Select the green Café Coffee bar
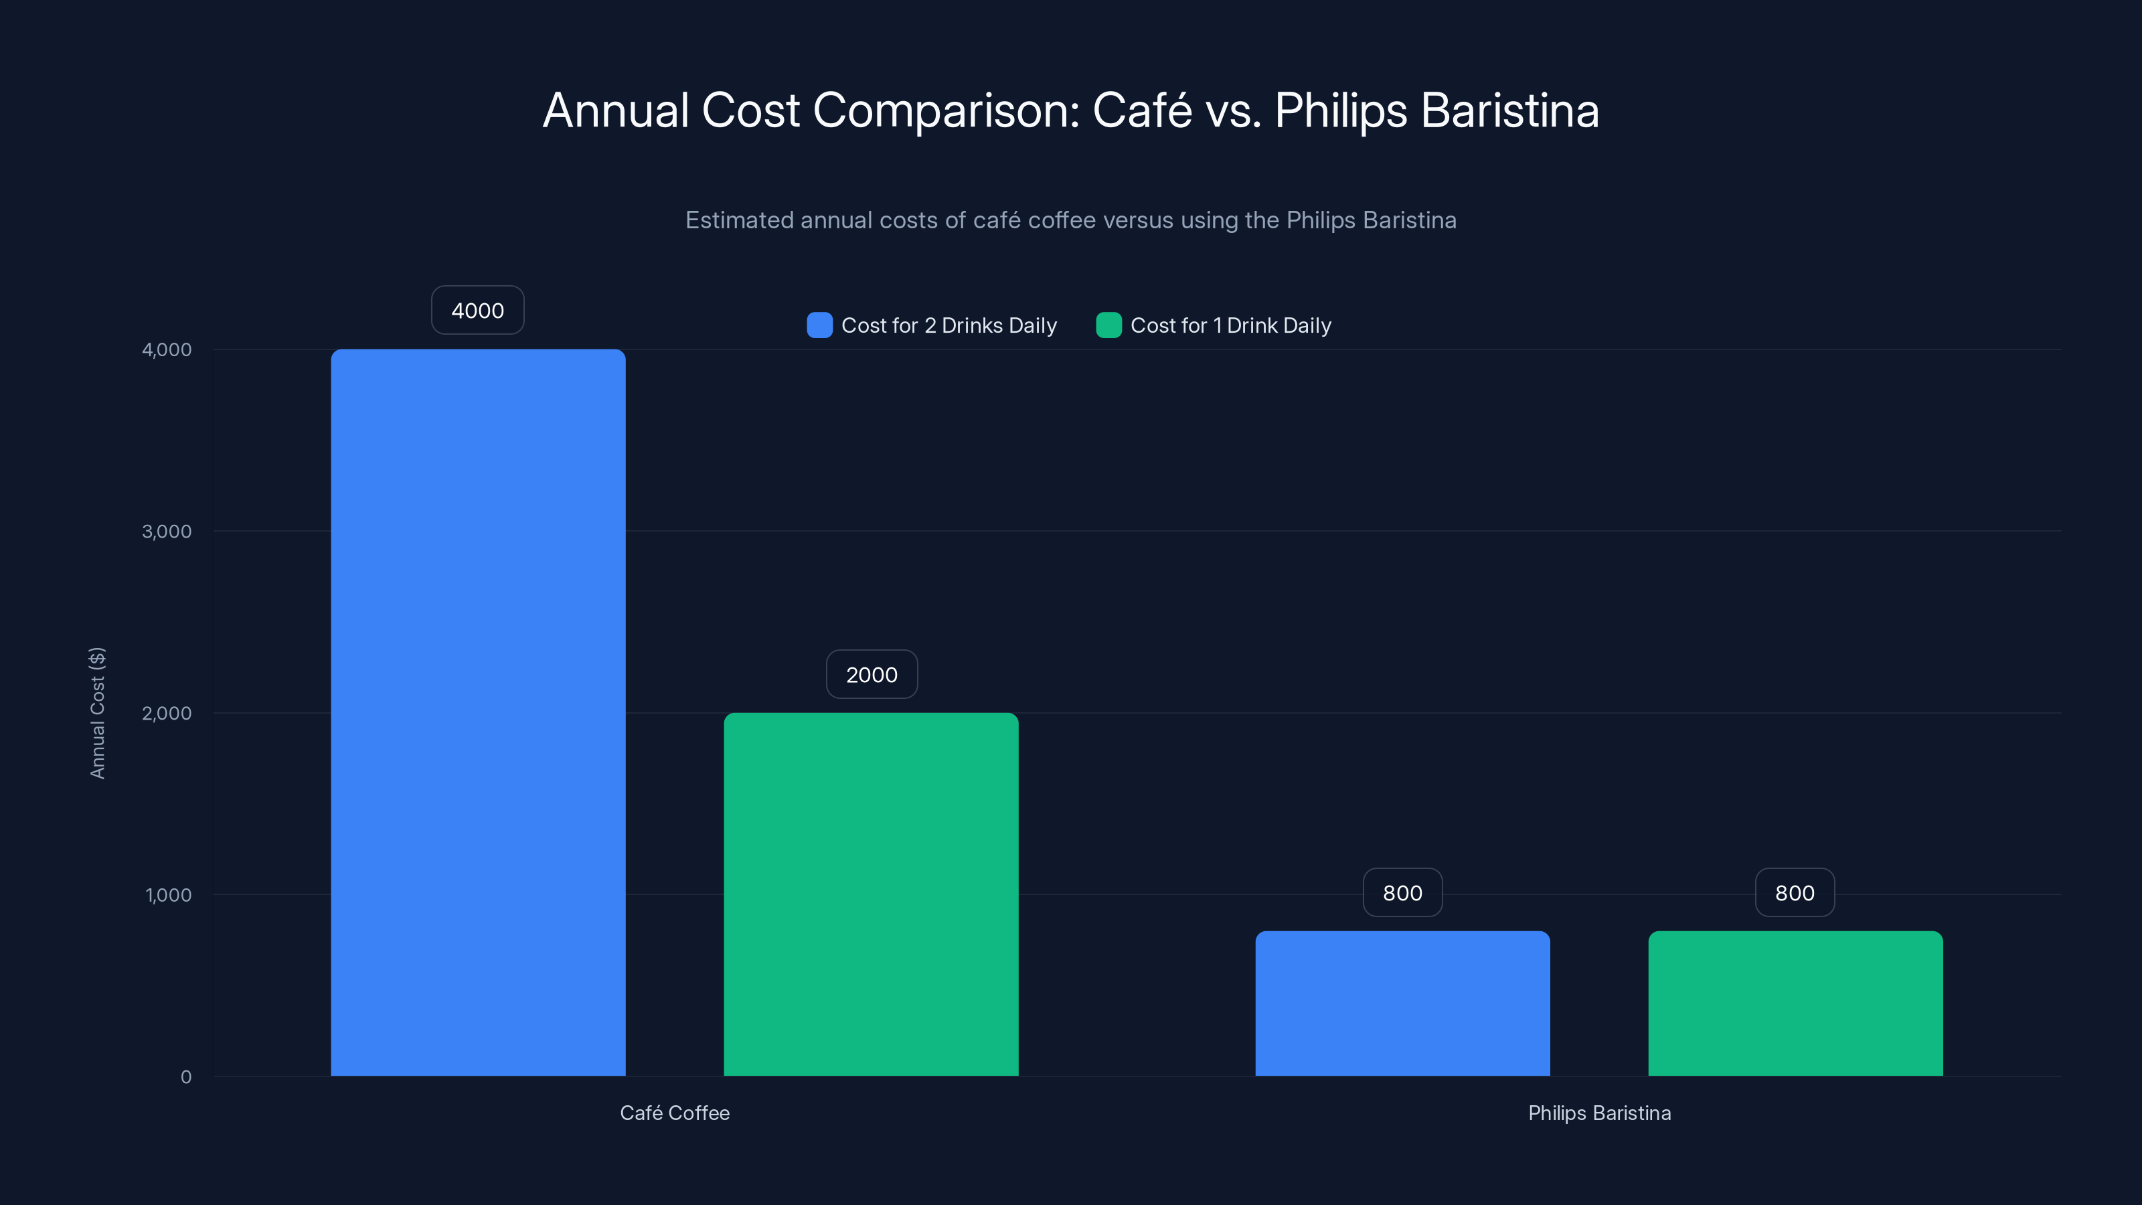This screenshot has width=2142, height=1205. pyautogui.click(x=871, y=894)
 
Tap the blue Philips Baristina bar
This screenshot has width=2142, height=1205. pyautogui.click(x=1402, y=1003)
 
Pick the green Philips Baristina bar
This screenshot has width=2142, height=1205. pyautogui.click(x=1795, y=1003)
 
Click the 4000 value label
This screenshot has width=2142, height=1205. pyautogui.click(x=477, y=310)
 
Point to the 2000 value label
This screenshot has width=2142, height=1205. pyautogui.click(x=872, y=674)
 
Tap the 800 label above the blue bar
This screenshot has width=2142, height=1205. pyautogui.click(x=1402, y=892)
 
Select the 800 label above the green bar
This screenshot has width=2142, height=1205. pyautogui.click(x=1795, y=892)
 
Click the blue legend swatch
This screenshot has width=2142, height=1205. pyautogui.click(x=819, y=325)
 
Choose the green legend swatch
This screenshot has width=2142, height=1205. pyautogui.click(x=1108, y=325)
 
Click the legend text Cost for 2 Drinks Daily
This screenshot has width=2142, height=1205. pyautogui.click(x=949, y=325)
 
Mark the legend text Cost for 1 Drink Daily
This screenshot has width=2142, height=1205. pyautogui.click(x=1231, y=325)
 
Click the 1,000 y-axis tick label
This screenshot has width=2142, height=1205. pyautogui.click(x=168, y=895)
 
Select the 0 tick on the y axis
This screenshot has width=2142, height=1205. pyautogui.click(x=185, y=1077)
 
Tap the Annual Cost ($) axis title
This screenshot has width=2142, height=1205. pyautogui.click(x=97, y=713)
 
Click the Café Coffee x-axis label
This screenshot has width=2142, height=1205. pyautogui.click(x=674, y=1113)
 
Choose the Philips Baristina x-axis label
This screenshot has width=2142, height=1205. pyautogui.click(x=1599, y=1113)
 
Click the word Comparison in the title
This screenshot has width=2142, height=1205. pyautogui.click(x=945, y=110)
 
